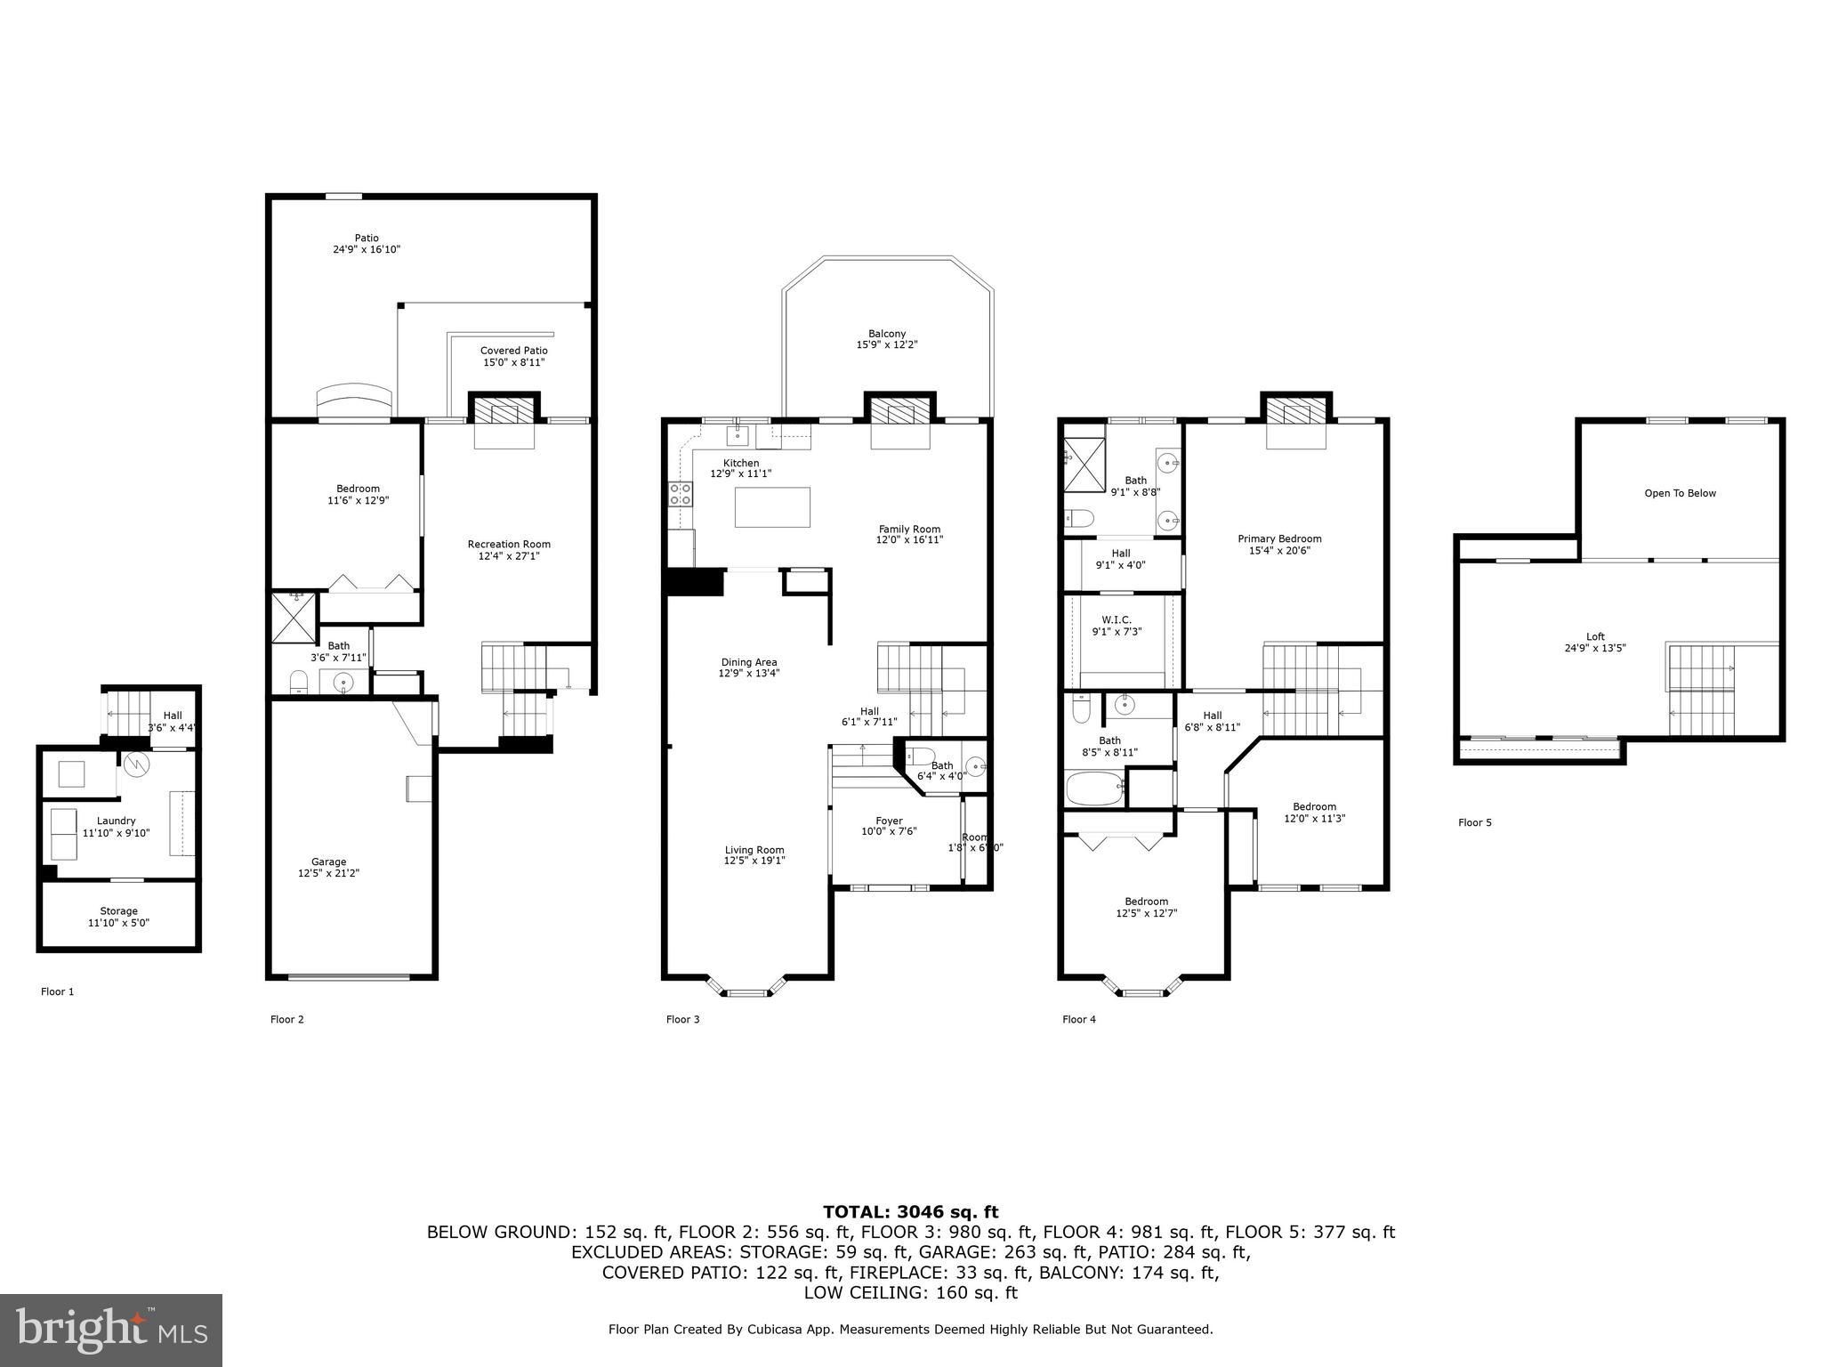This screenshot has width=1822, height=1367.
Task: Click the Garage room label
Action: pos(328,868)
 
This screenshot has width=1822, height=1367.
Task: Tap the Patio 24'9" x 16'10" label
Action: pos(367,244)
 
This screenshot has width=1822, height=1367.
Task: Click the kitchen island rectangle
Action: pos(772,507)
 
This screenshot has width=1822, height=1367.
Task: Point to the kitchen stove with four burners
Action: pos(680,494)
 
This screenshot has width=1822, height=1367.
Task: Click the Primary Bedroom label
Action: pos(1279,544)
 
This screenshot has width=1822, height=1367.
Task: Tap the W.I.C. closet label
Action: pos(1117,626)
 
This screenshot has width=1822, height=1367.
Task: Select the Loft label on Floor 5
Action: pos(1595,642)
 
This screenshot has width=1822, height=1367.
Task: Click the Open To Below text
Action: pos(1680,493)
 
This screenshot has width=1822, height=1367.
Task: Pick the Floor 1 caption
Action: pos(57,991)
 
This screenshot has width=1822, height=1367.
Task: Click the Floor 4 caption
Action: pos(1078,1019)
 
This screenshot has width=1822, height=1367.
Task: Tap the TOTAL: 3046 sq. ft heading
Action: pos(910,1211)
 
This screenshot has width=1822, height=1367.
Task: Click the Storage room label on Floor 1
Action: pos(118,917)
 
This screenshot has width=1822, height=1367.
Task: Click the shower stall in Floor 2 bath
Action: pos(293,617)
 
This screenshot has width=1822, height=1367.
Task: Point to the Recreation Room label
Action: pos(509,550)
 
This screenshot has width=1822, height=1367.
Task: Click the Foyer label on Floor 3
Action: pos(889,826)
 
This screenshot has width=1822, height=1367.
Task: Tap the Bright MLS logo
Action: pos(111,1330)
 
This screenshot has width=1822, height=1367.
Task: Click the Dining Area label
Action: pos(748,667)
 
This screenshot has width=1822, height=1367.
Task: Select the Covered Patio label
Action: pos(513,356)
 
